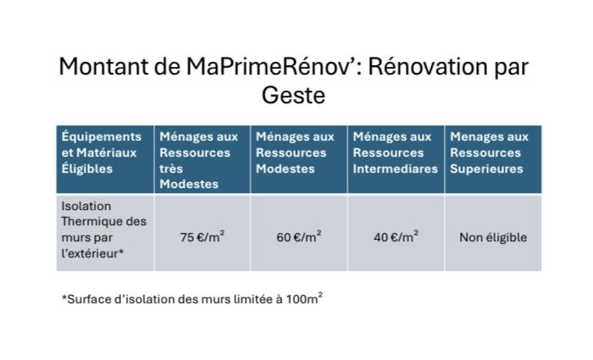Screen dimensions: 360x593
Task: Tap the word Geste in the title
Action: (293, 95)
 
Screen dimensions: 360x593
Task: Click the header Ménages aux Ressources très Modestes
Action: (201, 160)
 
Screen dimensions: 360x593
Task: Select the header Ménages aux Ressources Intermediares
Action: (396, 153)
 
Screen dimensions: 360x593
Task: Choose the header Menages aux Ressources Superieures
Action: (493, 153)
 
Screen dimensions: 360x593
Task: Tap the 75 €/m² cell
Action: (201, 237)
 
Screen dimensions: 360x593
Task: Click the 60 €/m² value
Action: (298, 237)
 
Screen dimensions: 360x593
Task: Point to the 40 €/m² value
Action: (396, 237)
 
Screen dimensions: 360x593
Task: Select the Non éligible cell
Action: (493, 237)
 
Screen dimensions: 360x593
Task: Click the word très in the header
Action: (170, 169)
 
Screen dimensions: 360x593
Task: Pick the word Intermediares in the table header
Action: (396, 169)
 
